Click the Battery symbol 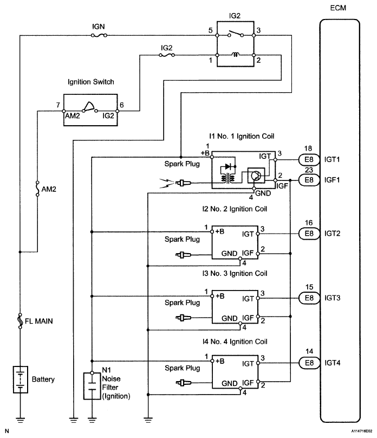click(20, 379)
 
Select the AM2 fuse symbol click(37, 188)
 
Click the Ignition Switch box click(90, 110)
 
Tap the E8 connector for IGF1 click(309, 179)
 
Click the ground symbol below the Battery click(20, 418)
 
